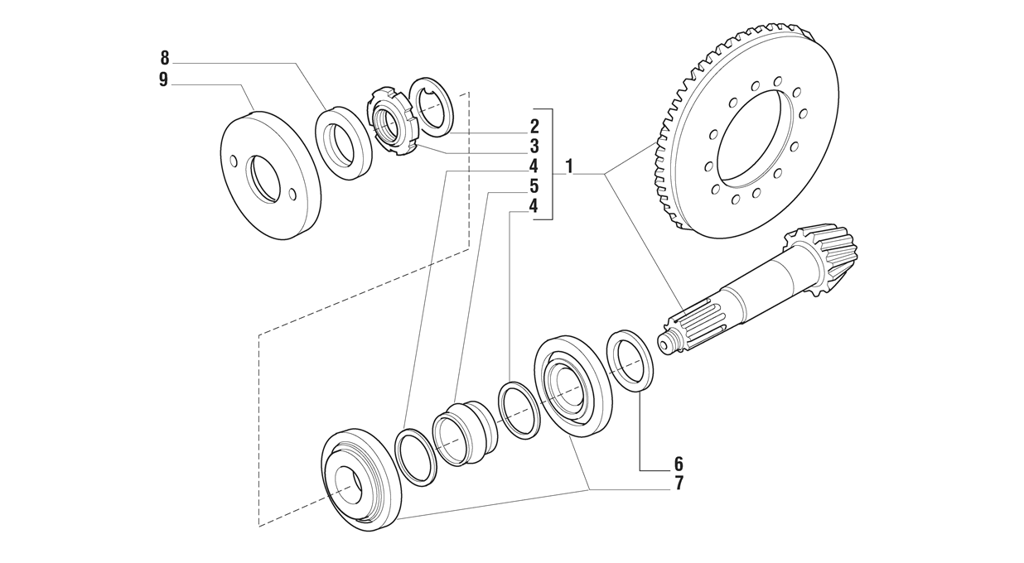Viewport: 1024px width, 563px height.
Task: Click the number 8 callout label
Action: pos(164,58)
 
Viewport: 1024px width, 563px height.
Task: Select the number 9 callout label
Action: pos(164,79)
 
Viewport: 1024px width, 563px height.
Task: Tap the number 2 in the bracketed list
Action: pos(534,127)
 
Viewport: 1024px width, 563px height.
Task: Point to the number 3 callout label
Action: pos(534,147)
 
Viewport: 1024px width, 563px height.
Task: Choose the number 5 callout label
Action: pos(534,186)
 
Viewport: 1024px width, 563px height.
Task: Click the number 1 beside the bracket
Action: pos(569,166)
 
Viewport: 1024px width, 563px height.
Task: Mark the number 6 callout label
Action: pos(679,464)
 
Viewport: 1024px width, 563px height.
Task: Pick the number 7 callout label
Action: pos(679,484)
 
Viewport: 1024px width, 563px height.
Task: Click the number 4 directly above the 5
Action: pos(534,166)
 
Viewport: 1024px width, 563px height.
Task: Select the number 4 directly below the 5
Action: pos(534,206)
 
